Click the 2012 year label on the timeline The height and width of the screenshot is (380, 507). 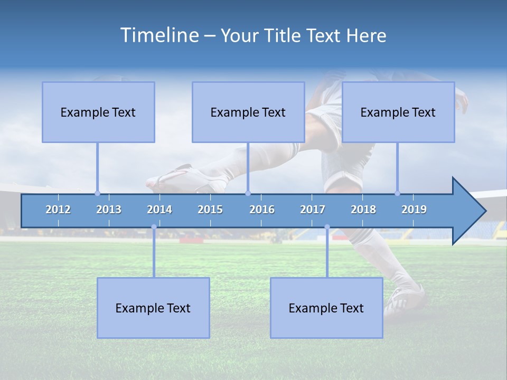pos(58,210)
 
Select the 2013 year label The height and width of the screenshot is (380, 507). pos(109,210)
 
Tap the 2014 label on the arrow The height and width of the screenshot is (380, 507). pos(159,210)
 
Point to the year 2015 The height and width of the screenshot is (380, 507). pos(210,210)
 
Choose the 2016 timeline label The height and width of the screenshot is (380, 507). pos(262,210)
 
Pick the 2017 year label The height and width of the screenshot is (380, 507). pos(313,210)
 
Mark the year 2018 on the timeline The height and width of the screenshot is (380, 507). pos(363,210)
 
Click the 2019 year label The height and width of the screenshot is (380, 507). pos(414,210)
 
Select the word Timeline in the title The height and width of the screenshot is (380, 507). pos(158,35)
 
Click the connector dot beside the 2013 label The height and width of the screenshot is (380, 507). pos(97,193)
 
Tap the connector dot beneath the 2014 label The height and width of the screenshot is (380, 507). pos(154,227)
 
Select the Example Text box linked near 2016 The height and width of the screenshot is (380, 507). pos(248,112)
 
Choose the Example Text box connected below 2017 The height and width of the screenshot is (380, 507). pos(326,308)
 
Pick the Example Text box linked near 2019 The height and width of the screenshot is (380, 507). pos(398,112)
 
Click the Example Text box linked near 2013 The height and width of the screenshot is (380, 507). pos(98,112)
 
